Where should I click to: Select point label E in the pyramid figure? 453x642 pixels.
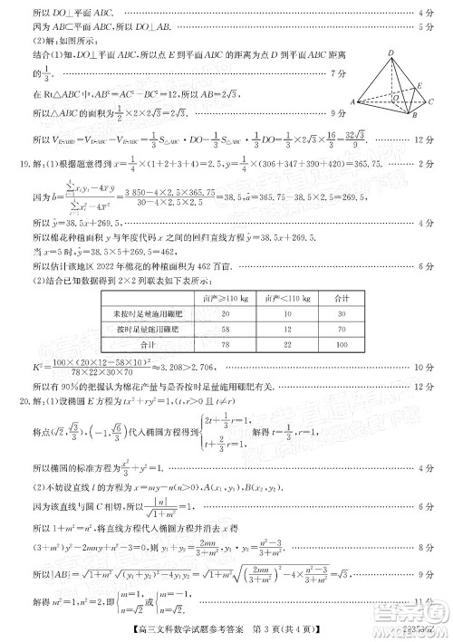tap(422, 87)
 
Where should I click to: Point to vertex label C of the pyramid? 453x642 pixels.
tap(433, 102)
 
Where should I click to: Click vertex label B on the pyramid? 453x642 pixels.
tap(412, 115)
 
